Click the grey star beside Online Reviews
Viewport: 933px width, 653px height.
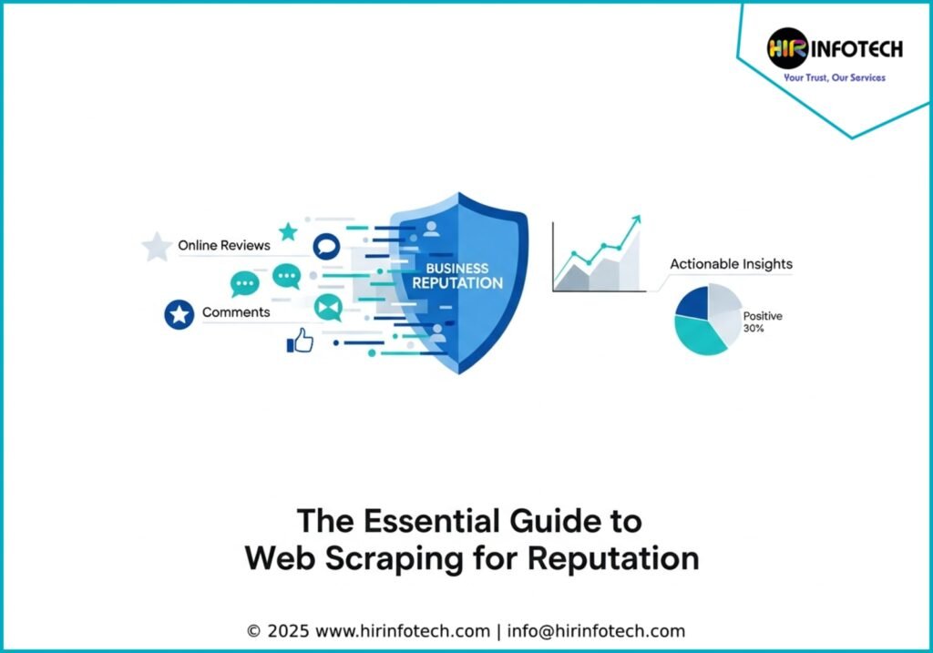157,246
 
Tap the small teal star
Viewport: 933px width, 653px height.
288,231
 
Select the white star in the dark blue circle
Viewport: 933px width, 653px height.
179,315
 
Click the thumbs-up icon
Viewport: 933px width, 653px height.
300,341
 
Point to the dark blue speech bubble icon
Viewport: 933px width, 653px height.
325,246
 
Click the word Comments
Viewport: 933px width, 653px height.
236,312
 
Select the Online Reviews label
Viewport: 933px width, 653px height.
224,245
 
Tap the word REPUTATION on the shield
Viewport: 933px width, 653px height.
457,283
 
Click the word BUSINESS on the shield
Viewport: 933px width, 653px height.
457,269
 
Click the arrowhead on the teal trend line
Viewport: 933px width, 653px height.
635,220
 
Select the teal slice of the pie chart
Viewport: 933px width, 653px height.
700,336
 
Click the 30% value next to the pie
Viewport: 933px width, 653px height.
754,329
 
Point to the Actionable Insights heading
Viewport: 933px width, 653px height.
731,264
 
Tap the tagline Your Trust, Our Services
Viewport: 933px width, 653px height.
835,78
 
